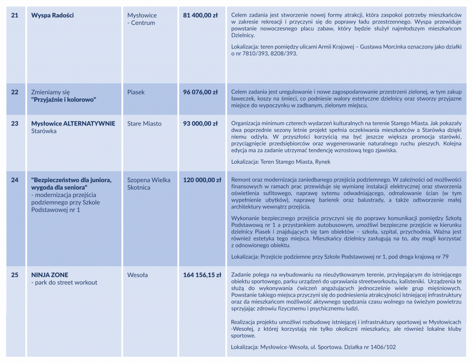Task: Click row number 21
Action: pyautogui.click(x=15, y=15)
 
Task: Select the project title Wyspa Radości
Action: pyautogui.click(x=52, y=15)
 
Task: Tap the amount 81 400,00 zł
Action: pyautogui.click(x=200, y=15)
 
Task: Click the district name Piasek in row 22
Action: pyautogui.click(x=136, y=92)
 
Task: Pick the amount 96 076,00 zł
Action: pyautogui.click(x=200, y=92)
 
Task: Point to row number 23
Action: pyautogui.click(x=15, y=123)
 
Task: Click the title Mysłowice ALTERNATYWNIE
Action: pyautogui.click(x=73, y=123)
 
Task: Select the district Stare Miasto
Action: pyautogui.click(x=145, y=123)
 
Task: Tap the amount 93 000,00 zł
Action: pyautogui.click(x=200, y=123)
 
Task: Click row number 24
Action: pyautogui.click(x=15, y=179)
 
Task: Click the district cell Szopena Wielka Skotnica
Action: pyautogui.click(x=149, y=184)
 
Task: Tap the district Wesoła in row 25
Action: pyautogui.click(x=138, y=275)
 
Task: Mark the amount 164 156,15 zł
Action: pyautogui.click(x=202, y=275)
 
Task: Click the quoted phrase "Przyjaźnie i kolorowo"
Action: pyautogui.click(x=63, y=100)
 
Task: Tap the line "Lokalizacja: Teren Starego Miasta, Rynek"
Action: pyautogui.click(x=281, y=161)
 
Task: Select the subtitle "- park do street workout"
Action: pyautogui.click(x=64, y=282)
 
